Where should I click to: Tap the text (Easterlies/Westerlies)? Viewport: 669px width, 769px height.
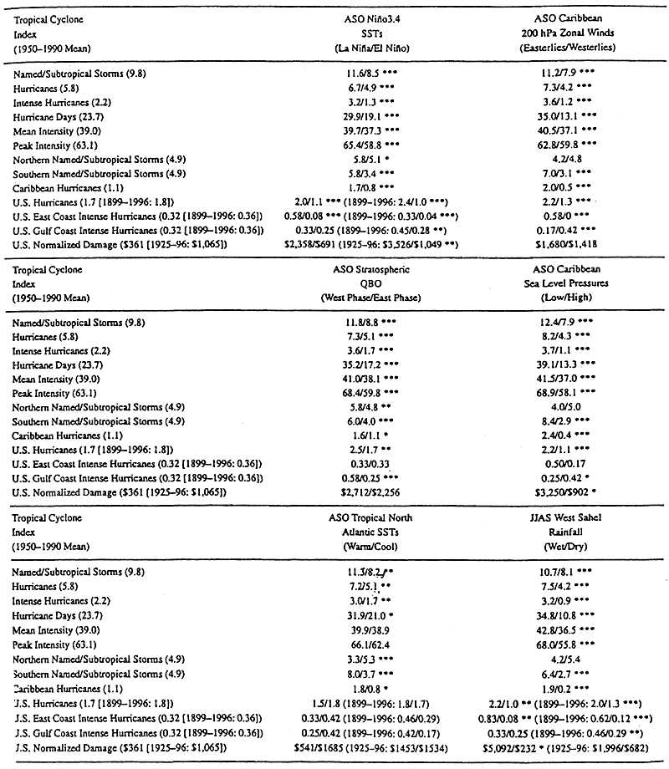tap(570, 47)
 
